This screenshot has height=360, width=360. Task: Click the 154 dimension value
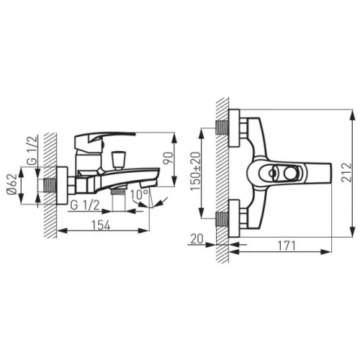click(x=101, y=225)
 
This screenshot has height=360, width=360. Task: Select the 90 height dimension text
click(x=168, y=158)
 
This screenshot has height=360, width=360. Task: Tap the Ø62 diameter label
click(x=12, y=185)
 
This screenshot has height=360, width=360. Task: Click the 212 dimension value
click(x=346, y=172)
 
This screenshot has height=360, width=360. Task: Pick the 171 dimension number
click(x=287, y=246)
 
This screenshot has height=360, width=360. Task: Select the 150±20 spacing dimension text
click(x=195, y=171)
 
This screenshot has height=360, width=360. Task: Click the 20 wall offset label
click(x=197, y=238)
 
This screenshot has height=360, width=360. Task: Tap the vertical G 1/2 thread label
click(x=32, y=150)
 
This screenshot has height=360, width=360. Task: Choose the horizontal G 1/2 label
click(x=85, y=205)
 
